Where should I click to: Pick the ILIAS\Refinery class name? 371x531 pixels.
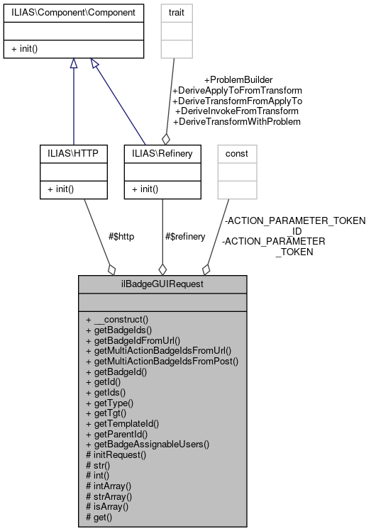(x=162, y=153)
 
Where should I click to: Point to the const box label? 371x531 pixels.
(x=236, y=153)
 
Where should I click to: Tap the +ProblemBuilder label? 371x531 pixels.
(x=238, y=80)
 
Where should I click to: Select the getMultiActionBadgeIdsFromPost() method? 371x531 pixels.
(x=162, y=360)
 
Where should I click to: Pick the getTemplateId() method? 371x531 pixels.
(x=122, y=423)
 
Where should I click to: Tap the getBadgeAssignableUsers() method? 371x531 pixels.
(x=148, y=444)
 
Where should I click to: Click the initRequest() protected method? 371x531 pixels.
(x=116, y=454)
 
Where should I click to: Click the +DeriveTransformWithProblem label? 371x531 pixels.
(x=238, y=121)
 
